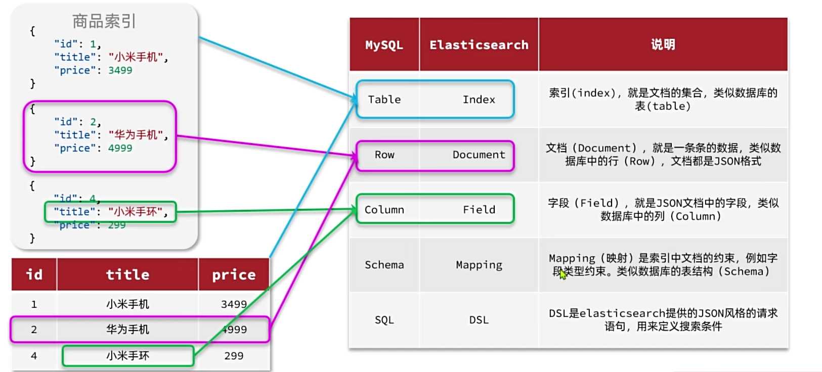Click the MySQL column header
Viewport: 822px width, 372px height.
point(384,45)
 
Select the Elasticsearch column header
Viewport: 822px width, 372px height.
point(479,45)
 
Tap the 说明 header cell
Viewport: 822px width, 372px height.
point(663,44)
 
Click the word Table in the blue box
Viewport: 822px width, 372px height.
point(384,100)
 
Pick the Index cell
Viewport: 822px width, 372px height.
point(479,100)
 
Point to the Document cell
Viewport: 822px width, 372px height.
point(479,155)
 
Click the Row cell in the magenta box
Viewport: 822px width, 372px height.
point(384,155)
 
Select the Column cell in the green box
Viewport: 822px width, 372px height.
point(384,210)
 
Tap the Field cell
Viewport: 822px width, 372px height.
point(479,210)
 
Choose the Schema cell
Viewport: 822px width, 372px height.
point(384,265)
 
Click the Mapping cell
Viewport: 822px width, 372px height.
point(479,265)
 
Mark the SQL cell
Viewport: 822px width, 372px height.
point(384,320)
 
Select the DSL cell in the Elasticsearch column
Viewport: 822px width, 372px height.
point(479,320)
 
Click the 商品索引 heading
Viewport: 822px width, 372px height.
point(104,21)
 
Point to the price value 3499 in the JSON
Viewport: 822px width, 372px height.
point(120,70)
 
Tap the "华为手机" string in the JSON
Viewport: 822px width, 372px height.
point(136,135)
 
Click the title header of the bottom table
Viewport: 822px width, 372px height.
point(127,274)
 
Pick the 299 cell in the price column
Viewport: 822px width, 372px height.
point(234,356)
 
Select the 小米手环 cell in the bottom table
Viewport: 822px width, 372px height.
point(127,356)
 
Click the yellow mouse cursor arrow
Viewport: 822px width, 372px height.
point(563,274)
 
